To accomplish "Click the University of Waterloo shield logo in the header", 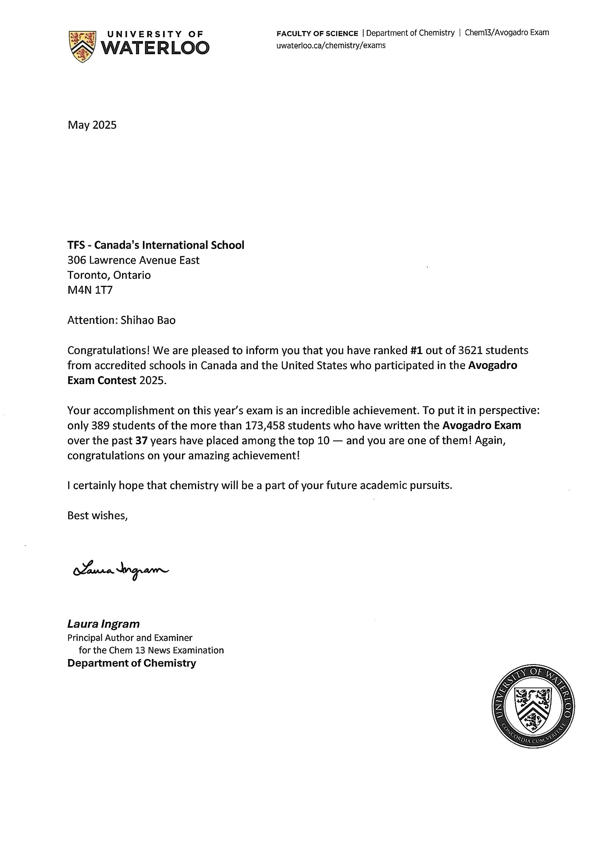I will [82, 46].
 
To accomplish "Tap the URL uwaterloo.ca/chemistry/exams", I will [331, 46].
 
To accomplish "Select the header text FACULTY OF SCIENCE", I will [317, 34].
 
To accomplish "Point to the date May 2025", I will [92, 125].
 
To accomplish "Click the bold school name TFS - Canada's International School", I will [156, 245].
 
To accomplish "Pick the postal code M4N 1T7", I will [90, 290].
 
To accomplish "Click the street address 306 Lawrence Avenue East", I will [133, 260].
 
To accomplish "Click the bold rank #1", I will [416, 350].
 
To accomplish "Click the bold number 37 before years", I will [142, 440].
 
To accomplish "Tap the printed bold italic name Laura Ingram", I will [104, 624].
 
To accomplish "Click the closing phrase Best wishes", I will [97, 515].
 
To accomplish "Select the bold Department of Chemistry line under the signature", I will [131, 663].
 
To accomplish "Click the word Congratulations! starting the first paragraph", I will [108, 350].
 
